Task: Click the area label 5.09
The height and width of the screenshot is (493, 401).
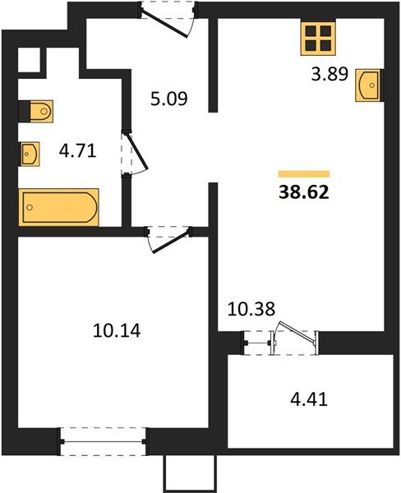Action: pyautogui.click(x=169, y=99)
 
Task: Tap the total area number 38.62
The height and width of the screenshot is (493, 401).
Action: pyautogui.click(x=304, y=192)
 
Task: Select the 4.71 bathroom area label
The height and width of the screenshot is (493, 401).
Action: pyautogui.click(x=77, y=151)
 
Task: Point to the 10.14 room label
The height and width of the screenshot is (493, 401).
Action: pyautogui.click(x=117, y=331)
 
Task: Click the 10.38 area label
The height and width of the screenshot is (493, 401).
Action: pyautogui.click(x=251, y=309)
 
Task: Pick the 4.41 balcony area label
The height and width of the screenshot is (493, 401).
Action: pyautogui.click(x=309, y=399)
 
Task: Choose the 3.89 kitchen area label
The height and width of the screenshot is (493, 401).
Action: pyautogui.click(x=330, y=75)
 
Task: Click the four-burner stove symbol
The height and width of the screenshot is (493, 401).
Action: pyautogui.click(x=318, y=38)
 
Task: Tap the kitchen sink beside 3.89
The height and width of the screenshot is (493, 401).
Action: pyautogui.click(x=368, y=85)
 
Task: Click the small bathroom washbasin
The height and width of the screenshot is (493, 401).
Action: pyautogui.click(x=30, y=154)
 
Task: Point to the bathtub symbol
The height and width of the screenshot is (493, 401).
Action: pyautogui.click(x=59, y=208)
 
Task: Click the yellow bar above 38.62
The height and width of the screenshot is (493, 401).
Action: pyautogui.click(x=304, y=174)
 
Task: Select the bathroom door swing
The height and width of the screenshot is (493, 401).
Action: pyautogui.click(x=134, y=154)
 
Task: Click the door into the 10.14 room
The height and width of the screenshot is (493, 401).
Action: pyautogui.click(x=168, y=238)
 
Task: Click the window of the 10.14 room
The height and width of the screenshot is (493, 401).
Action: pyautogui.click(x=104, y=441)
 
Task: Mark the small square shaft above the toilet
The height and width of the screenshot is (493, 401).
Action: pyautogui.click(x=30, y=60)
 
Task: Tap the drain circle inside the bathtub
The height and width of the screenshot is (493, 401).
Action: pyautogui.click(x=30, y=207)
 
